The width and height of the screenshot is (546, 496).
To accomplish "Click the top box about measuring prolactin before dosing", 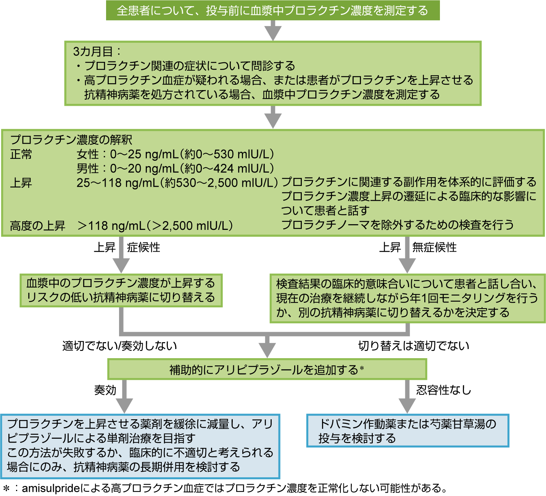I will pyautogui.click(x=272, y=11).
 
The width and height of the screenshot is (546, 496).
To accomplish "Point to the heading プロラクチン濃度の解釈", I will pyautogui.click(x=71, y=140).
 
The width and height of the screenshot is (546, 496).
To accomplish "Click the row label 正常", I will pyautogui.click(x=21, y=154).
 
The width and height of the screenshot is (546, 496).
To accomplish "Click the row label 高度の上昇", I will pyautogui.click(x=37, y=226).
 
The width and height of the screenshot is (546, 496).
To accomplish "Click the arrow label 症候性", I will pyautogui.click(x=143, y=247).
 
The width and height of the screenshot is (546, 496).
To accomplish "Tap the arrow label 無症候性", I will pyautogui.click(x=434, y=247).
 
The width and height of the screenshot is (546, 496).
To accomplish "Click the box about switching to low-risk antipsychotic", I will pyautogui.click(x=121, y=290).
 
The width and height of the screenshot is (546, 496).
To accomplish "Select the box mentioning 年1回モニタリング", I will pyautogui.click(x=407, y=298).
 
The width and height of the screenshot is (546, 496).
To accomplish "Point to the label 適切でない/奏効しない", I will pyautogui.click(x=120, y=346).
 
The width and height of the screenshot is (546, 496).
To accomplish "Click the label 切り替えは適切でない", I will pyautogui.click(x=414, y=346).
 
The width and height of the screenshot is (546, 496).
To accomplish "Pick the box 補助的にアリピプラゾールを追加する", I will pyautogui.click(x=267, y=369).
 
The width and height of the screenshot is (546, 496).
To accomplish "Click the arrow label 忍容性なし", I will pyautogui.click(x=443, y=390).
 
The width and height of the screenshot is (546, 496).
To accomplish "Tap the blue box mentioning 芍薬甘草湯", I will pyautogui.click(x=407, y=431).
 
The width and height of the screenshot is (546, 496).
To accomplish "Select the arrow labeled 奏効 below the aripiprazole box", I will pyautogui.click(x=124, y=397).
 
